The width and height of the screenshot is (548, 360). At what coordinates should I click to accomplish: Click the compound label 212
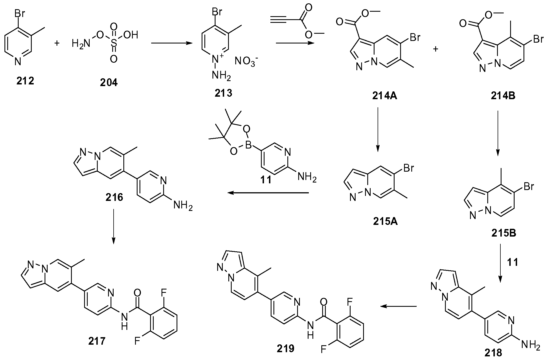25,81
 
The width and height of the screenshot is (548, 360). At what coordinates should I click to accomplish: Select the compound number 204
109,82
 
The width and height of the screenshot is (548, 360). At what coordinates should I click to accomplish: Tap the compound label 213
223,93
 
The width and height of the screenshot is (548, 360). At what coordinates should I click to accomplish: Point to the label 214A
385,96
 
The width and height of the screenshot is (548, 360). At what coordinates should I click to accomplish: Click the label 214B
503,96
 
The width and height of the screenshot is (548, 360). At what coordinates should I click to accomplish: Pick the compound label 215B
503,233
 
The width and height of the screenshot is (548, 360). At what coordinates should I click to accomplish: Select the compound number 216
114,197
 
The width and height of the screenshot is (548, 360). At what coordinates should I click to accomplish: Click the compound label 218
493,353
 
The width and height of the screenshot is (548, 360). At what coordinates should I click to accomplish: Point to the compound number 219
286,348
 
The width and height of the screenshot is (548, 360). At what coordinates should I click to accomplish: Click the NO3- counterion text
246,61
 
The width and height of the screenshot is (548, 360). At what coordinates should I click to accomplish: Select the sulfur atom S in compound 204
113,43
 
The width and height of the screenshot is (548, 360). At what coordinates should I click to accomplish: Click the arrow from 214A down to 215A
377,130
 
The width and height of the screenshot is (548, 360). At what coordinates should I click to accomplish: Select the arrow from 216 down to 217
113,226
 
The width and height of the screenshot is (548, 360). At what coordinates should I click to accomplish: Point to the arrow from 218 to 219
398,306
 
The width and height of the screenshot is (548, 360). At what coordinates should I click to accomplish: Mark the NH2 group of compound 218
531,346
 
